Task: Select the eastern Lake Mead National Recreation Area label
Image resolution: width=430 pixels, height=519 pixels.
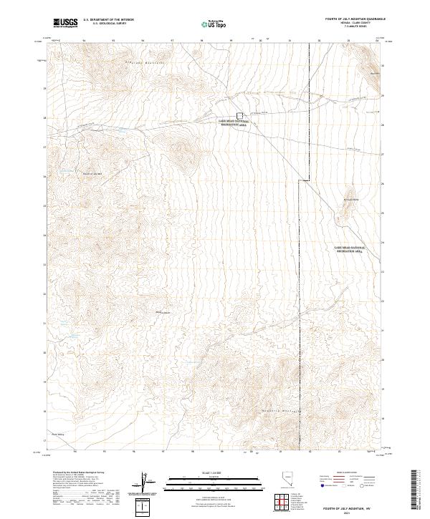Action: point(350,248)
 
